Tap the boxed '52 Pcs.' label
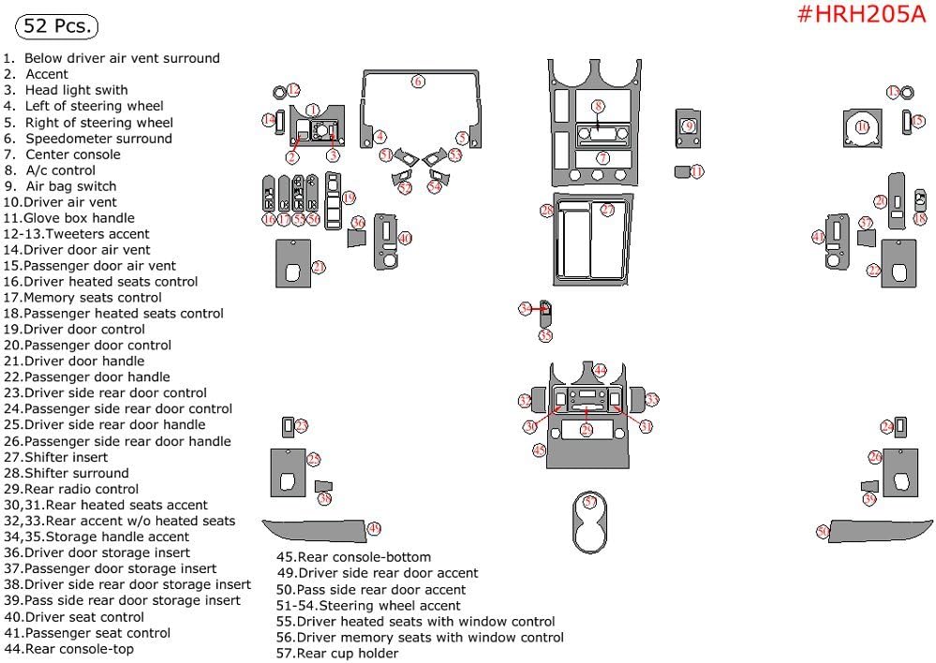(58, 26)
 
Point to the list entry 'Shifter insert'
(66, 457)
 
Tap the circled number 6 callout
(418, 81)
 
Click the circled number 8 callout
(598, 107)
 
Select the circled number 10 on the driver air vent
(863, 126)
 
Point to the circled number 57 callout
(589, 503)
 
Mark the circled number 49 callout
(373, 529)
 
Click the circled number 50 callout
(823, 532)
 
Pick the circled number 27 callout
(606, 210)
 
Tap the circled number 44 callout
(600, 370)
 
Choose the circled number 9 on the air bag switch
(689, 125)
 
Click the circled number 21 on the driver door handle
(319, 268)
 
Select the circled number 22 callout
(873, 270)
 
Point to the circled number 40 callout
(404, 239)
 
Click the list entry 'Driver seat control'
(84, 617)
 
